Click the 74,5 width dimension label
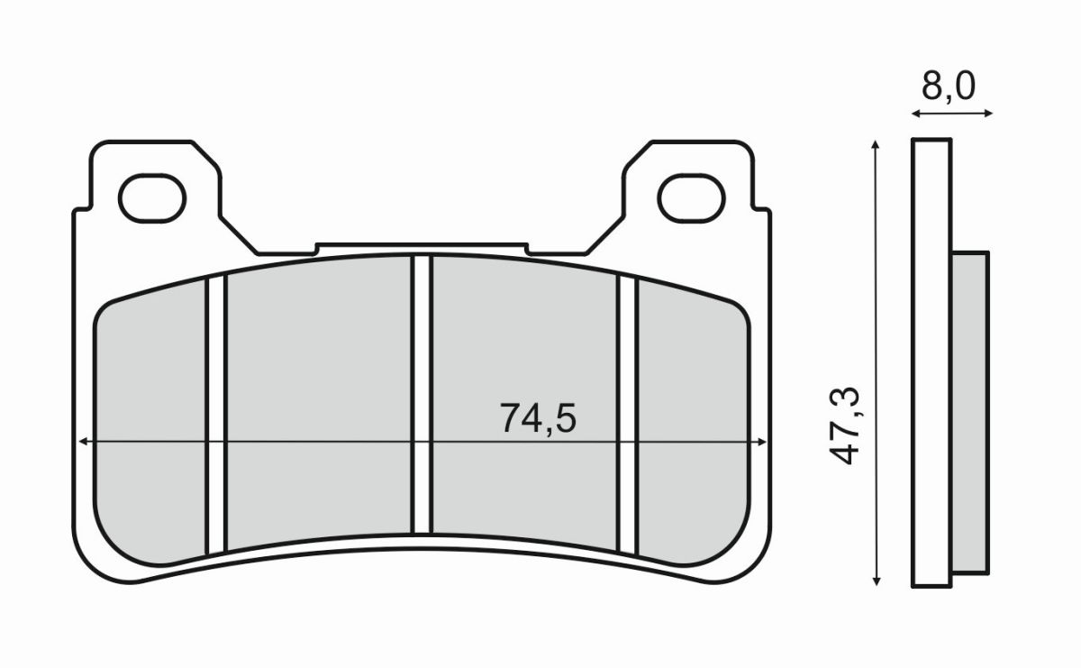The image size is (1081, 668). click(537, 417)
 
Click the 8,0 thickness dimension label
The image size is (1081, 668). click(948, 87)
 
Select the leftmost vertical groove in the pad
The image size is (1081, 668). click(216, 415)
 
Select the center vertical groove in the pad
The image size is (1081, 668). click(422, 397)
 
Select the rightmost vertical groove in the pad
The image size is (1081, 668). click(627, 415)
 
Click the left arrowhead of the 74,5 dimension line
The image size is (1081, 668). click(83, 442)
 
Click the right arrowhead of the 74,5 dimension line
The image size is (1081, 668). click(763, 442)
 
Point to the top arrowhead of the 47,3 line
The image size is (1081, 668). click(875, 144)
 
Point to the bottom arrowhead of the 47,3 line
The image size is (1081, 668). click(875, 581)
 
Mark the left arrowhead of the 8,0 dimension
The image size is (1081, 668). click(914, 114)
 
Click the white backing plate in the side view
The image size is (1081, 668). click(931, 361)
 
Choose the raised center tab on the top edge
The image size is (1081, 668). click(421, 248)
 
